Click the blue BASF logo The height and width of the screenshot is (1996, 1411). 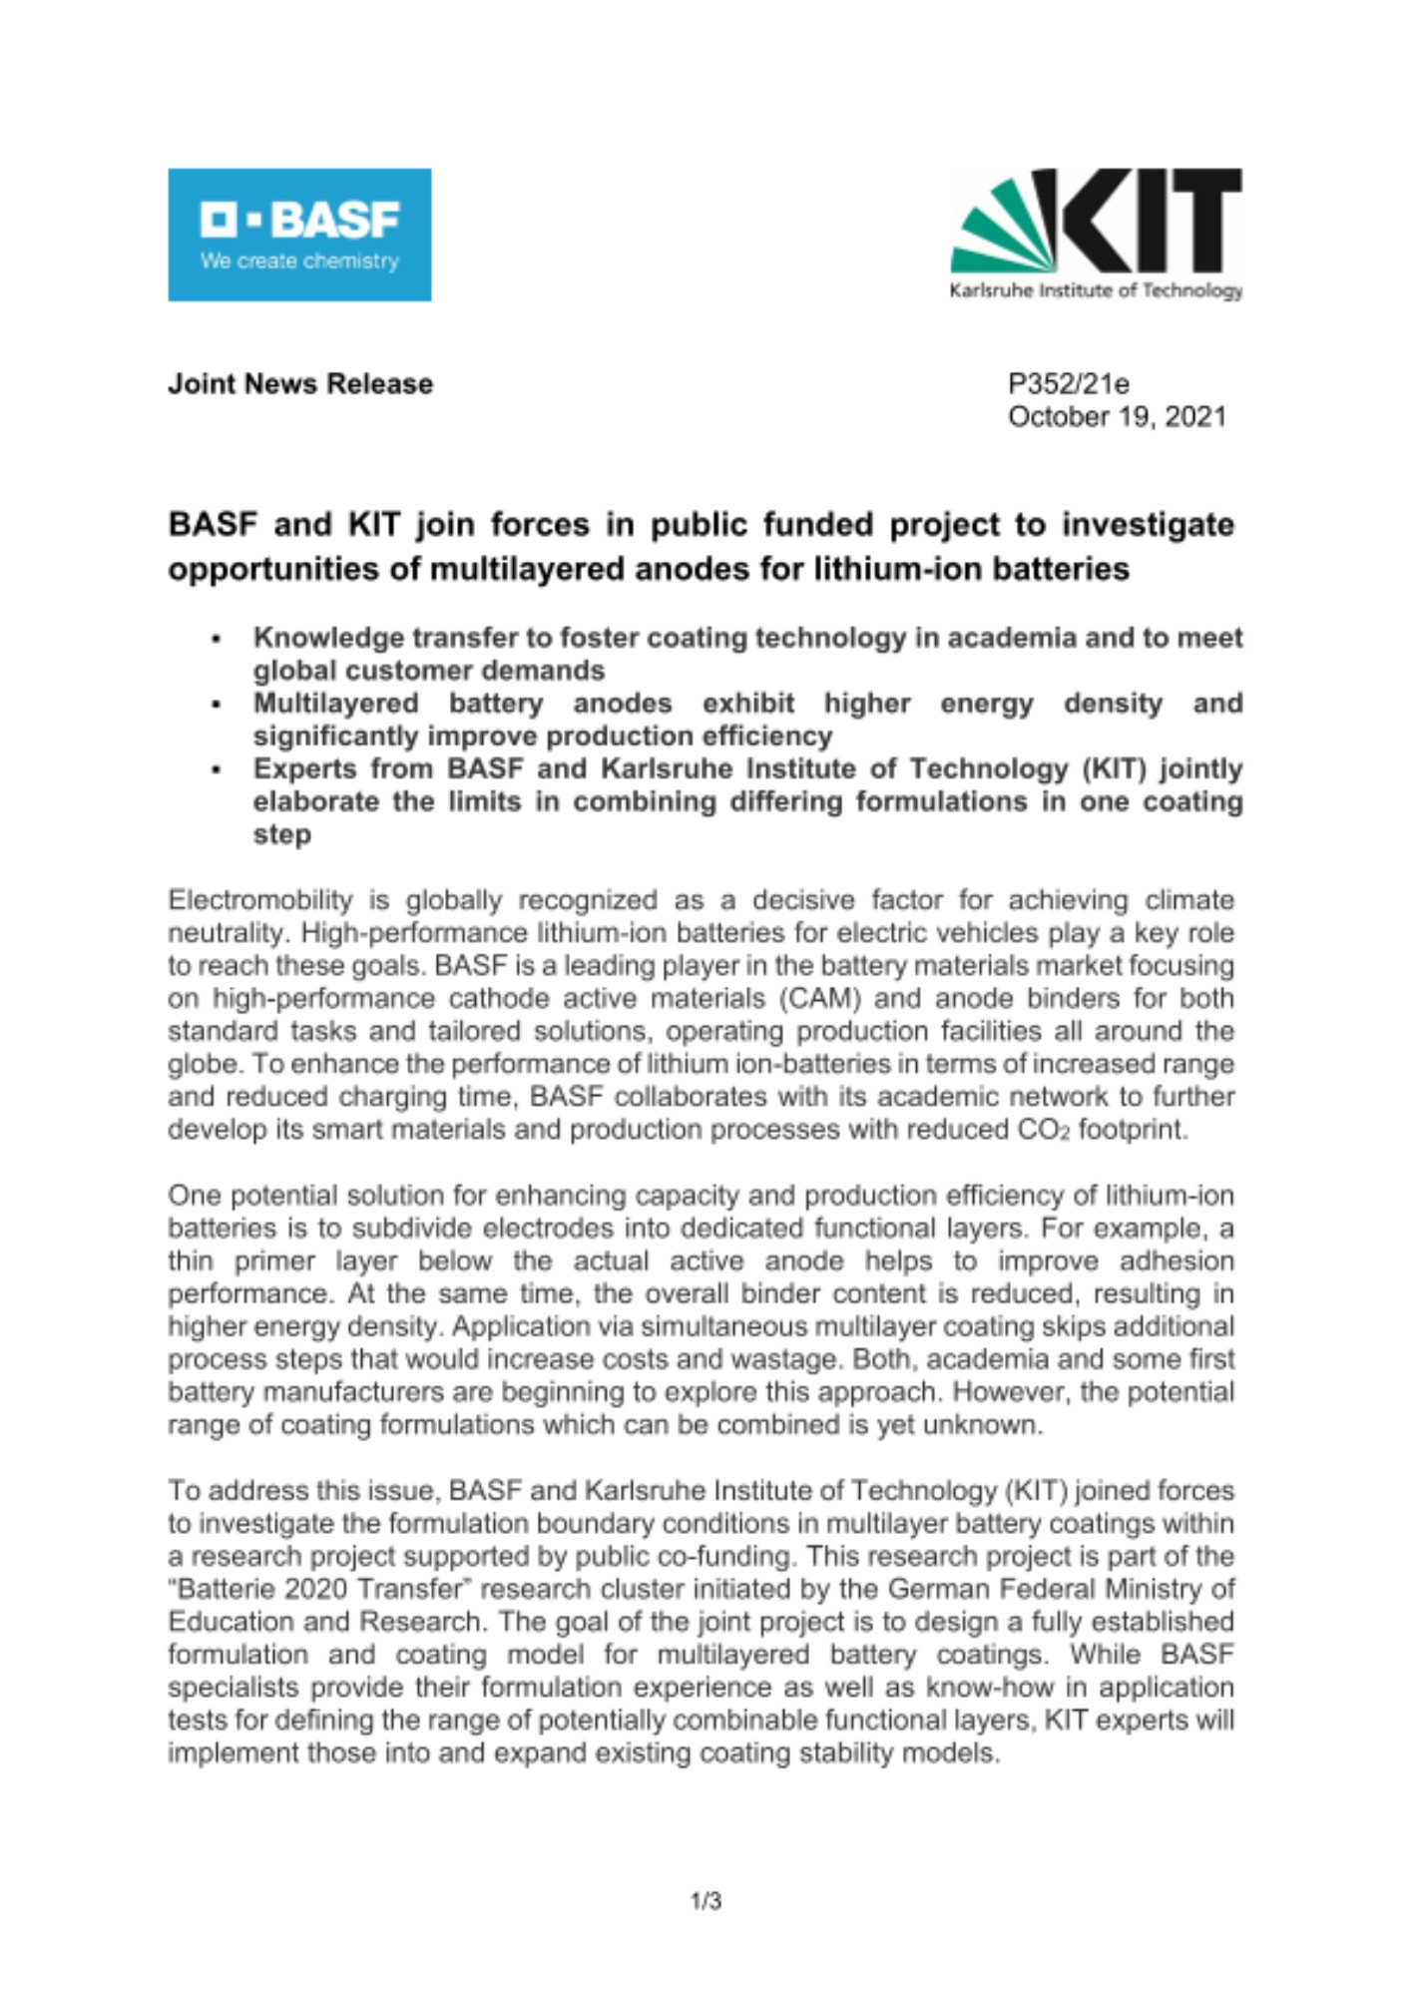[299, 234]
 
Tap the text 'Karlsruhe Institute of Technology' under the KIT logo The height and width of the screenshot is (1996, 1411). [1096, 291]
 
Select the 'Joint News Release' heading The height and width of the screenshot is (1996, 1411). [299, 384]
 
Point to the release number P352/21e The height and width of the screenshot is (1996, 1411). [1068, 384]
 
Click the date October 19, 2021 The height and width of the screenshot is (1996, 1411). [1117, 417]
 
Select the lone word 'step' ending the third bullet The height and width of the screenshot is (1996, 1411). [281, 834]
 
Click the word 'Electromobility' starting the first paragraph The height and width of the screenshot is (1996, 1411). [259, 900]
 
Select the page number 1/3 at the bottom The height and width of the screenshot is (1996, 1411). [705, 1902]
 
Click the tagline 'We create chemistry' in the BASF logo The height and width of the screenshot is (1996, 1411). [299, 261]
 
